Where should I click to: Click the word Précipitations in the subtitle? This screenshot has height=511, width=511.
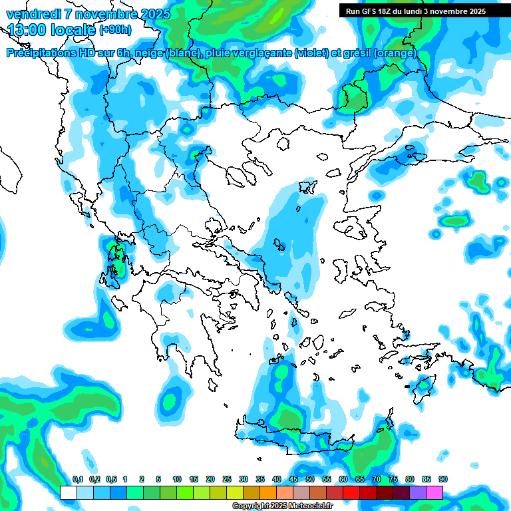(x=44, y=53)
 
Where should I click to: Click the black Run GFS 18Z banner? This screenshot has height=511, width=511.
(x=415, y=11)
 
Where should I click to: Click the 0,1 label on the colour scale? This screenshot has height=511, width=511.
(x=78, y=479)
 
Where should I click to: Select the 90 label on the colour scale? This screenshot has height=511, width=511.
(x=442, y=479)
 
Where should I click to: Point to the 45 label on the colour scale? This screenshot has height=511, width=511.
(x=293, y=479)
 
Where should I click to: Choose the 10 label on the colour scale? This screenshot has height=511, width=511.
(x=177, y=479)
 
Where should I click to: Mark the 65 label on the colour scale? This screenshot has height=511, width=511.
(x=360, y=479)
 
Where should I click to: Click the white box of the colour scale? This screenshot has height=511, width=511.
(x=68, y=492)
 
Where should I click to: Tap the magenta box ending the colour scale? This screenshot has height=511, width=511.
(x=434, y=492)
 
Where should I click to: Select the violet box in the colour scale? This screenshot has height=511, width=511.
(x=417, y=492)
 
